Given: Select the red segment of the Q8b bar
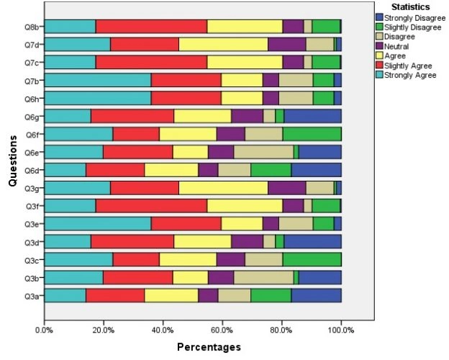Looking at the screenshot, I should coord(151,27).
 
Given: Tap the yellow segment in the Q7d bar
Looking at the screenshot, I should coord(223,45).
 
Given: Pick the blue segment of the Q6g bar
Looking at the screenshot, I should coord(312,116).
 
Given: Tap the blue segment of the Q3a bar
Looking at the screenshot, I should coord(316,295).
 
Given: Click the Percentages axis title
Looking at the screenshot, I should coord(209,347).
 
